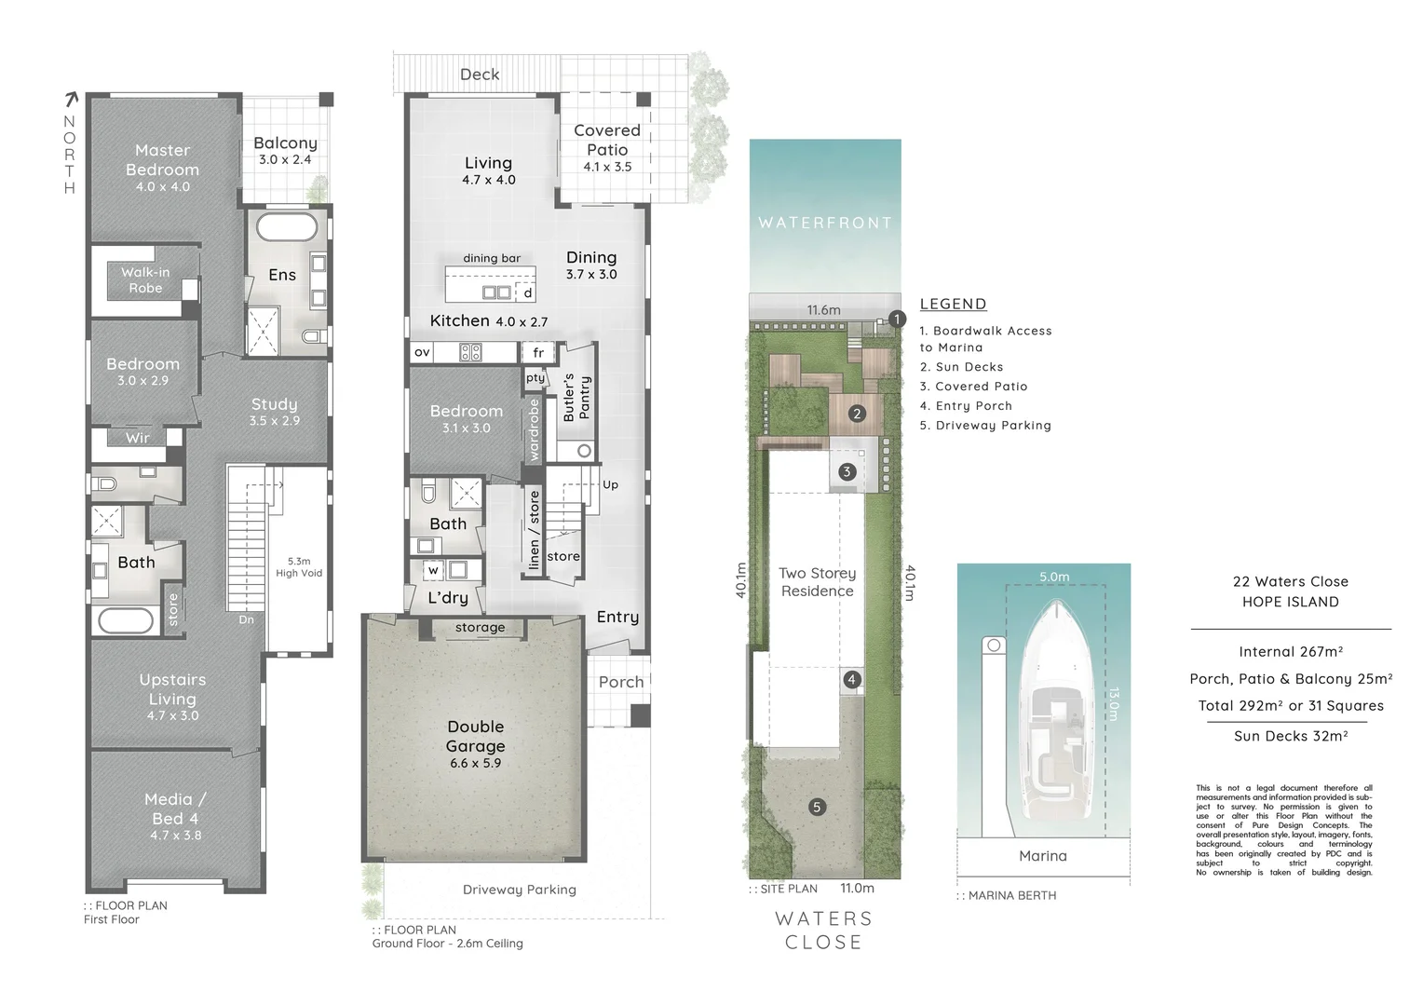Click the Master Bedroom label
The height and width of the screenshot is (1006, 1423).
(162, 160)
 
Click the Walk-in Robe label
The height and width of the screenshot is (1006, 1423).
(145, 280)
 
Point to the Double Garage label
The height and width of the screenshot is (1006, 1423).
(475, 736)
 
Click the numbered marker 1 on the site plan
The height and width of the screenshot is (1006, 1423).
(896, 319)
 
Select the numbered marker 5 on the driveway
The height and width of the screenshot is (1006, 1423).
(817, 807)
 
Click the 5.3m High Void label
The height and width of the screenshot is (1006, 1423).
(298, 567)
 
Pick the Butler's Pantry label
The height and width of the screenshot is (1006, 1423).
(576, 399)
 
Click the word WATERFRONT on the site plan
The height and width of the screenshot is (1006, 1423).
(825, 223)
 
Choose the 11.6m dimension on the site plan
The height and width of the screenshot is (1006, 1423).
(823, 310)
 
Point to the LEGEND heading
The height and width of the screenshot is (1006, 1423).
(953, 304)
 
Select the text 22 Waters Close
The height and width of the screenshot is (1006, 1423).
(1290, 581)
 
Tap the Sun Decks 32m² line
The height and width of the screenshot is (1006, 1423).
(1290, 736)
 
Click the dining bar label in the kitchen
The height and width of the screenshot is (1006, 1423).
(492, 258)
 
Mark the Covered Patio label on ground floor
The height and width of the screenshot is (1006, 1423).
(607, 140)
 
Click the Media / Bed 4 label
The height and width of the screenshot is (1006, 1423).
(175, 809)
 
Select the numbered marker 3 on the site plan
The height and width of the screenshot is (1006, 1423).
(847, 471)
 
